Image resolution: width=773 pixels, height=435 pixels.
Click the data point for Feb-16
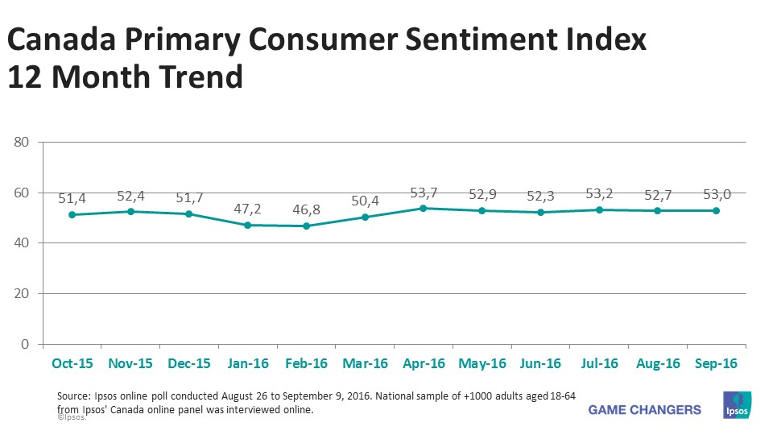(306, 226)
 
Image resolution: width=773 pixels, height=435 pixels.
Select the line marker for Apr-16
(424, 208)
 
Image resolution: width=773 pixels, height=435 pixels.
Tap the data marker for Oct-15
(72, 214)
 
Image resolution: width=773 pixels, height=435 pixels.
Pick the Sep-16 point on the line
(717, 210)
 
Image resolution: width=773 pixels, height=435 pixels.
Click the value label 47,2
(247, 208)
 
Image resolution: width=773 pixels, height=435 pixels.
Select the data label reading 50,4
(365, 200)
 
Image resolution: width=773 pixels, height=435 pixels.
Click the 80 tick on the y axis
(22, 143)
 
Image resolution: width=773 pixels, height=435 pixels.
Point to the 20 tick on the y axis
(22, 294)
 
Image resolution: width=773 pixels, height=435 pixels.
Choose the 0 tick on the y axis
(26, 344)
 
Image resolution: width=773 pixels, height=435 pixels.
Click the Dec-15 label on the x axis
(189, 363)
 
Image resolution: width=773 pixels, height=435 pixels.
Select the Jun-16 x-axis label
(541, 363)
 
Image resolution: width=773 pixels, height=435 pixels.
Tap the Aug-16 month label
(659, 363)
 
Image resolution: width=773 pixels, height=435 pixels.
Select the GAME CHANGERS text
(645, 409)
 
